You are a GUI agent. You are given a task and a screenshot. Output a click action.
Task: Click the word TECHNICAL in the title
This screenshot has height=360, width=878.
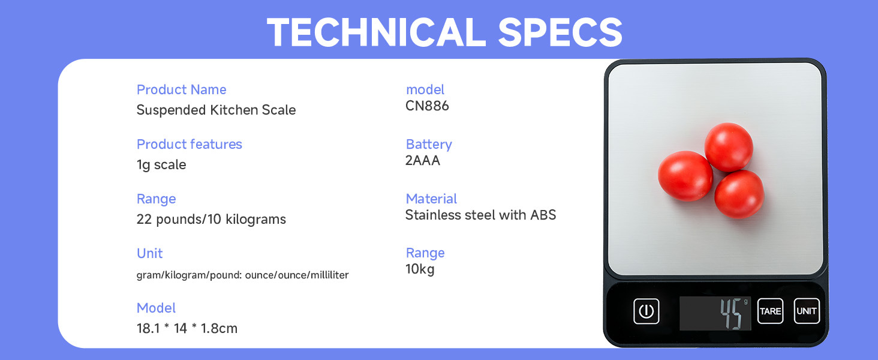[377, 32]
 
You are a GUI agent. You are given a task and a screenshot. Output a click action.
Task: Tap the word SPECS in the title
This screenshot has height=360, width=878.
[561, 32]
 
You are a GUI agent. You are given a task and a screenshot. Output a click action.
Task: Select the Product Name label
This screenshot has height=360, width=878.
[182, 90]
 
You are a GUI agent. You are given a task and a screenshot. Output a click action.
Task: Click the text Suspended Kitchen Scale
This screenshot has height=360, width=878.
[216, 110]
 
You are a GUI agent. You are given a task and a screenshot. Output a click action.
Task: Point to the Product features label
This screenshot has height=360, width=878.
[190, 145]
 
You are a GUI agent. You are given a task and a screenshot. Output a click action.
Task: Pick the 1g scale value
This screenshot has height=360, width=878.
[161, 165]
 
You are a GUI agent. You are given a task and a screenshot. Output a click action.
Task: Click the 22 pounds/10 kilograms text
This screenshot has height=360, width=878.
[211, 219]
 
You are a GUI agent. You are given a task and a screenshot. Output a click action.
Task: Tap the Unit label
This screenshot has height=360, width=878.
[149, 253]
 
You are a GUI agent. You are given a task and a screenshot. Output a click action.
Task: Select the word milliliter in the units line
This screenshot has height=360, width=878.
[329, 275]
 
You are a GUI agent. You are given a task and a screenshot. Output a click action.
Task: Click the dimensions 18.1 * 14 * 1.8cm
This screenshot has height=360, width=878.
[187, 328]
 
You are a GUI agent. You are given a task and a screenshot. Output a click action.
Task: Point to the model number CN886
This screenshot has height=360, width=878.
[427, 106]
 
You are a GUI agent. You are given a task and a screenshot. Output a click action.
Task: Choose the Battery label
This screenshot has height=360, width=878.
[429, 145]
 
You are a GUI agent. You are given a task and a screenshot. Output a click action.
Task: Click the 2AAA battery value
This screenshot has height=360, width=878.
[423, 160]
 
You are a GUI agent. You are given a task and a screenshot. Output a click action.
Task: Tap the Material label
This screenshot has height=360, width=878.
[431, 199]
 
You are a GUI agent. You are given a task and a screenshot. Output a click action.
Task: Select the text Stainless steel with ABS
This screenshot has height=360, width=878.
[480, 215]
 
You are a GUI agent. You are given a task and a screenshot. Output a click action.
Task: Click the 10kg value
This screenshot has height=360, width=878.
[420, 269]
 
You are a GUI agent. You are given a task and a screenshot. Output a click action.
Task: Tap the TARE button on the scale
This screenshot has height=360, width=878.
[770, 311]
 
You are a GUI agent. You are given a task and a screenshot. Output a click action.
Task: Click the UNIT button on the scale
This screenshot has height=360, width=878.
[807, 311]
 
